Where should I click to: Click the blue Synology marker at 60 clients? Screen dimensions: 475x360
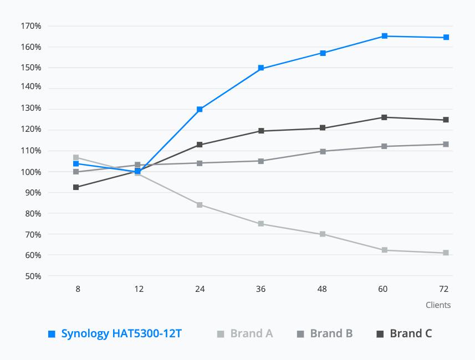click(385, 36)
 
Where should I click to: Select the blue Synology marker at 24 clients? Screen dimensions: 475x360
click(200, 109)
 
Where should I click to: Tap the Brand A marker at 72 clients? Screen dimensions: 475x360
click(446, 253)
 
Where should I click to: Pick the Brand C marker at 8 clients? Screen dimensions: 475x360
click(76, 187)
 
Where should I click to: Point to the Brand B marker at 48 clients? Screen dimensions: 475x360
click(323, 151)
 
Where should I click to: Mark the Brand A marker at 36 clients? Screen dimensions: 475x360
click(261, 224)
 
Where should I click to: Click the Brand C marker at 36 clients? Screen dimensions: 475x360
click(261, 131)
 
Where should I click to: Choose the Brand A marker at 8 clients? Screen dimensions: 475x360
click(76, 157)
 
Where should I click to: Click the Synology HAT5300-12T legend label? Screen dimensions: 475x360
click(121, 333)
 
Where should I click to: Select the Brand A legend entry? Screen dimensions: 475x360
click(245, 333)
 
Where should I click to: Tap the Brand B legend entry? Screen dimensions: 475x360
click(325, 333)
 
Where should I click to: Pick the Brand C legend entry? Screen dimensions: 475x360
click(404, 333)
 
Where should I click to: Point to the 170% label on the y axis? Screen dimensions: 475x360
click(31, 26)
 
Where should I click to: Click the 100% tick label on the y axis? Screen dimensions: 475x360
click(31, 172)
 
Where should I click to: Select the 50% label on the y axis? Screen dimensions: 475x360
click(33, 276)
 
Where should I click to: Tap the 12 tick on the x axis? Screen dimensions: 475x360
click(139, 289)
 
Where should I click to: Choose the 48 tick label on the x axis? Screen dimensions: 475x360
click(322, 289)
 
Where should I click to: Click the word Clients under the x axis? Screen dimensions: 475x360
click(438, 305)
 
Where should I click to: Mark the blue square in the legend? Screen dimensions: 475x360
click(52, 334)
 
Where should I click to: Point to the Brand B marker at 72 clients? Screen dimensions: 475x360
click(446, 144)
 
